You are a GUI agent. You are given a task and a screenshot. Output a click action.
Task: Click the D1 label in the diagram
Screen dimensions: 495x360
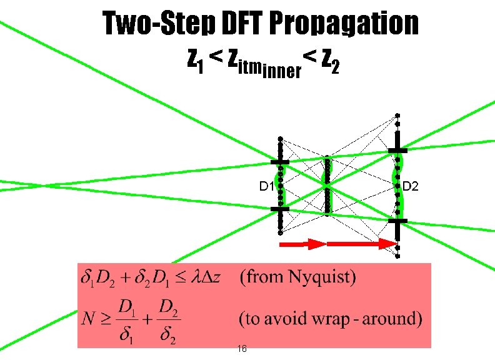click(x=267, y=186)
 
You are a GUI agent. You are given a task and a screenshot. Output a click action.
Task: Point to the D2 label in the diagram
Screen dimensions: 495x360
click(x=411, y=186)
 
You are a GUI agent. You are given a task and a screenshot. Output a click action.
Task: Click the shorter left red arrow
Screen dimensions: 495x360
click(x=302, y=244)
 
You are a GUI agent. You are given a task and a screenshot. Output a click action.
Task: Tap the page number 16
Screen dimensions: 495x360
click(x=242, y=349)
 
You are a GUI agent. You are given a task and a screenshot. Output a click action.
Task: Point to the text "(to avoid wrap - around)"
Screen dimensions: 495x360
click(x=331, y=319)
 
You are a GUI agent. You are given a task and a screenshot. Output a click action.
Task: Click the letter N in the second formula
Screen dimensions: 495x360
click(x=87, y=319)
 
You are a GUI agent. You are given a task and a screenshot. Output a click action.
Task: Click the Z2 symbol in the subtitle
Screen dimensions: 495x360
click(x=331, y=61)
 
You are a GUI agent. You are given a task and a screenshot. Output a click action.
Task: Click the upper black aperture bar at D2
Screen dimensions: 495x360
click(x=397, y=151)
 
